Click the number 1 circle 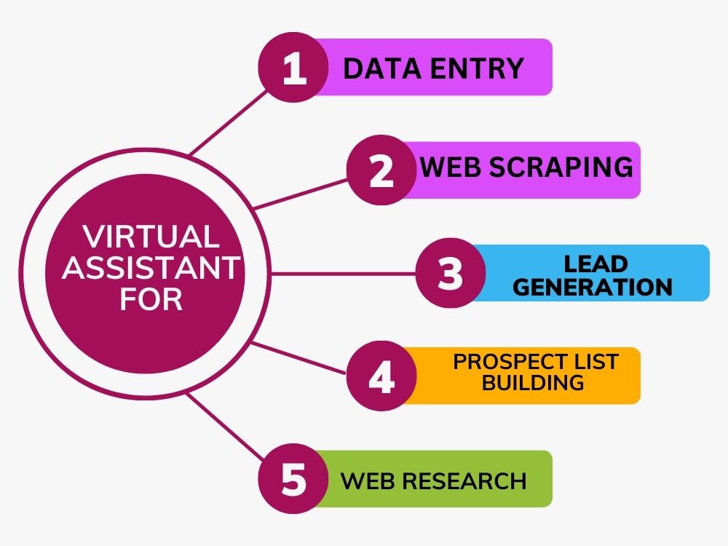click(x=293, y=67)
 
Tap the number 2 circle click(x=381, y=170)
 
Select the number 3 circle click(x=451, y=273)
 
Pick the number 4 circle click(x=381, y=376)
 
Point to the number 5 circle click(x=293, y=479)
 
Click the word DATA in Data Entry click(x=381, y=68)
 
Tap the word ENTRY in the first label click(x=477, y=68)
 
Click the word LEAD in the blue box click(x=596, y=264)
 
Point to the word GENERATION click(x=593, y=287)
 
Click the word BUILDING click(x=533, y=383)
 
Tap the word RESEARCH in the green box click(x=464, y=481)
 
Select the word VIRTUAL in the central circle click(x=151, y=237)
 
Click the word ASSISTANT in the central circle click(x=151, y=267)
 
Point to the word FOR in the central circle click(x=151, y=299)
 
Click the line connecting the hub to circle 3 click(x=343, y=274)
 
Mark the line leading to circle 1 click(x=229, y=122)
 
